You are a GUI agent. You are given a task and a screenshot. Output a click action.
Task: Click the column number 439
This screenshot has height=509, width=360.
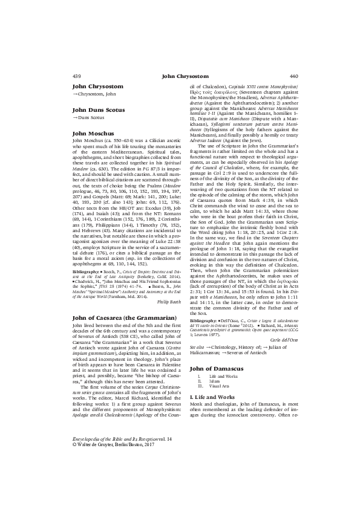click(76, 77)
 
